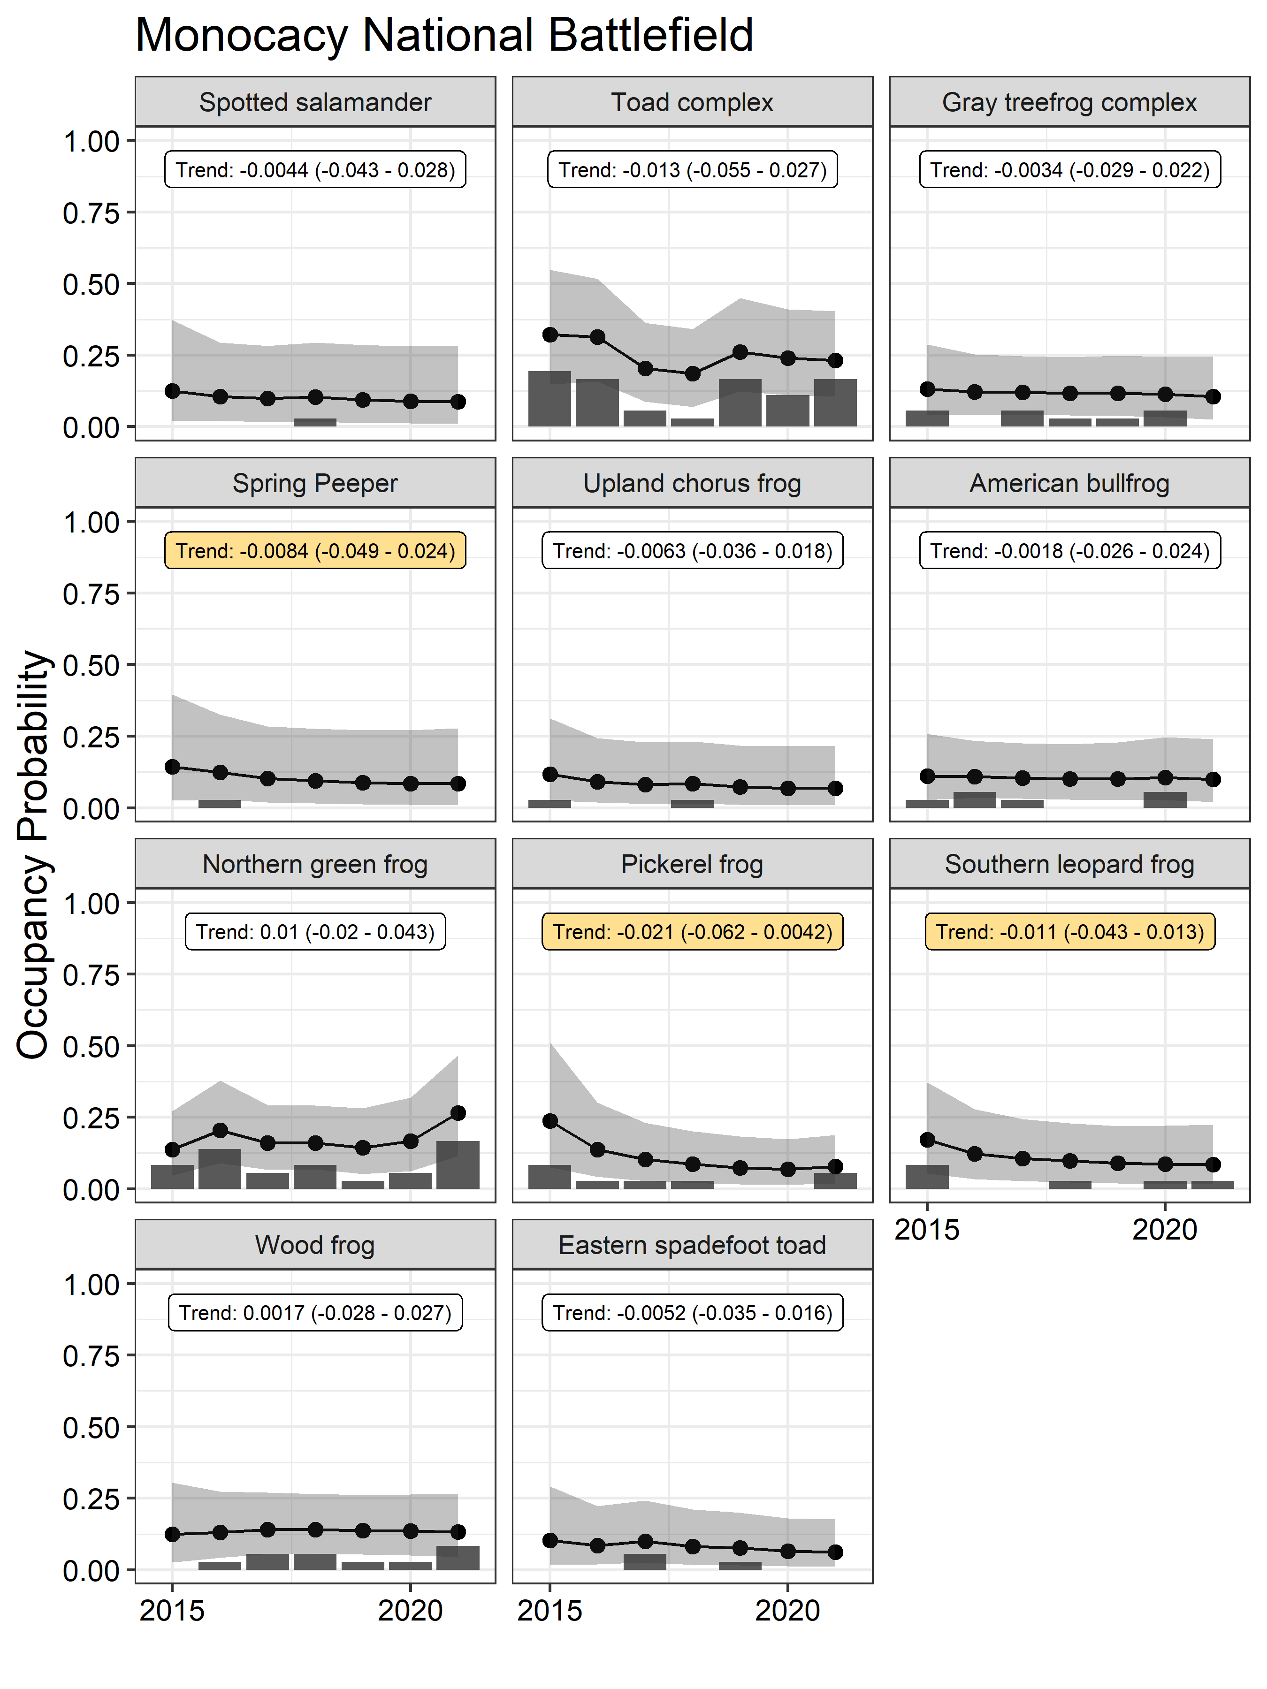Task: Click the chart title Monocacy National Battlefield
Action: click(444, 36)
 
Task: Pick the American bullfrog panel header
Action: click(1069, 483)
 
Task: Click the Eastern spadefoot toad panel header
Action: click(692, 1245)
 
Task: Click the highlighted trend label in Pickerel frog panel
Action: click(692, 932)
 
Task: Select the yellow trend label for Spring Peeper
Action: click(315, 550)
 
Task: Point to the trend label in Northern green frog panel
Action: click(315, 932)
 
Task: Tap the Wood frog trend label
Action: click(315, 1313)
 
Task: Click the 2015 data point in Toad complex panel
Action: click(550, 335)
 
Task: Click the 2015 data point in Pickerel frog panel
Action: click(550, 1121)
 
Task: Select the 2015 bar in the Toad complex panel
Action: click(550, 399)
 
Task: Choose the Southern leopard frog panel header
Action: click(1069, 864)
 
